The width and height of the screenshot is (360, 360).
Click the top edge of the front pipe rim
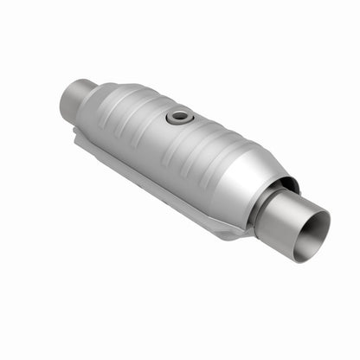point(317,208)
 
